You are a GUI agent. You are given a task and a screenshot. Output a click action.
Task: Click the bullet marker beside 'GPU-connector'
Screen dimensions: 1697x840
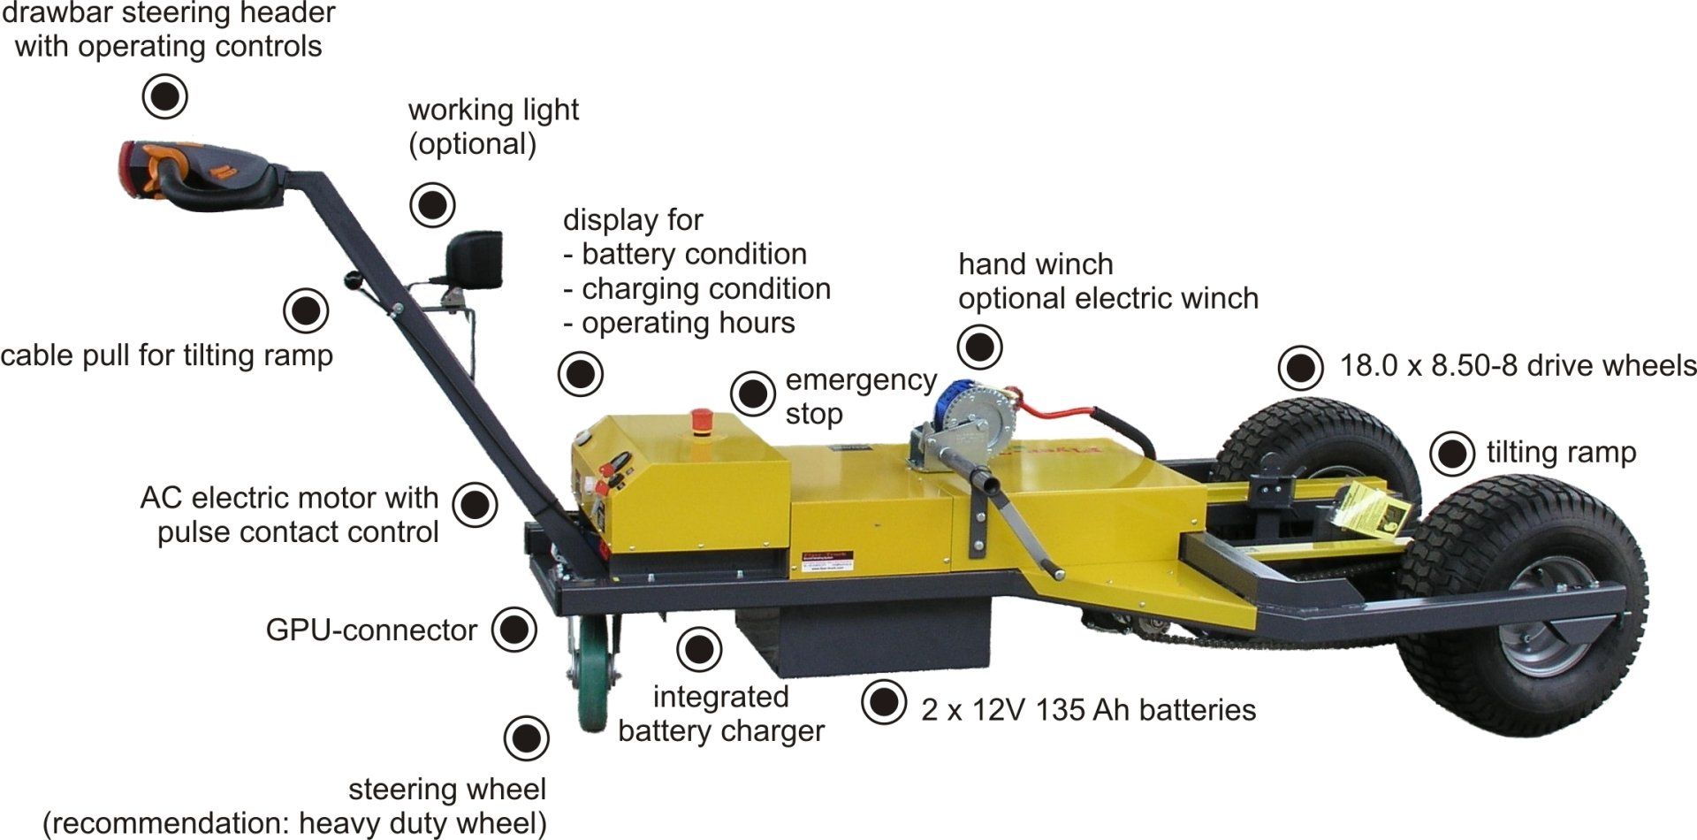tap(514, 630)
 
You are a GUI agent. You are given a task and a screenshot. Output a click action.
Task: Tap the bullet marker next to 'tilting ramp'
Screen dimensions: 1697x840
tap(1452, 454)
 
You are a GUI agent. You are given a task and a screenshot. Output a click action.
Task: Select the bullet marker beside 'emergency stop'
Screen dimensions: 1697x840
tap(753, 393)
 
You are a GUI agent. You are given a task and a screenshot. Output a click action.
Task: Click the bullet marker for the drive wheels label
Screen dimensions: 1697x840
tap(1302, 367)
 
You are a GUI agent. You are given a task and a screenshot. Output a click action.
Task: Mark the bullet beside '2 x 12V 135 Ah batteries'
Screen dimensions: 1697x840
tap(884, 702)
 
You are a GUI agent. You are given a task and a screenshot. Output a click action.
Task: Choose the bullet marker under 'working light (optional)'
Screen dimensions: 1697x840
tap(433, 205)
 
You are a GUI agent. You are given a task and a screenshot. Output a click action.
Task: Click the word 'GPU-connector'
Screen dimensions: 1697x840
tap(371, 630)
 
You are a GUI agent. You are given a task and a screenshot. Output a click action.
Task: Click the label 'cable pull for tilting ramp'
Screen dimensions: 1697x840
tap(167, 355)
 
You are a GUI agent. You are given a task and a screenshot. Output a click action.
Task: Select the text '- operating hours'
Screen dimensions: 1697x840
tap(679, 324)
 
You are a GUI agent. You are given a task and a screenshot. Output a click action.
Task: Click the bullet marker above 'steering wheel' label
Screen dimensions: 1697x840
tap(526, 738)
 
